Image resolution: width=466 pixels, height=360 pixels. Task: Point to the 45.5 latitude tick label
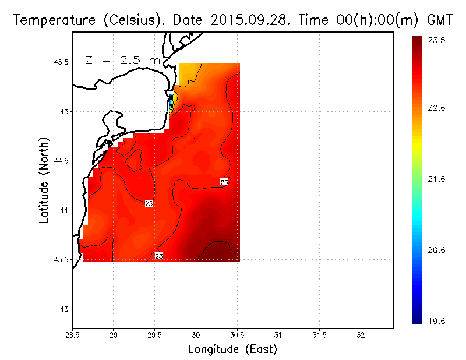point(61,62)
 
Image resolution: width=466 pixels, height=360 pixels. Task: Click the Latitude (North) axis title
point(44,180)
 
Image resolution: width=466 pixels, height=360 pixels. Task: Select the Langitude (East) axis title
point(232,350)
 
